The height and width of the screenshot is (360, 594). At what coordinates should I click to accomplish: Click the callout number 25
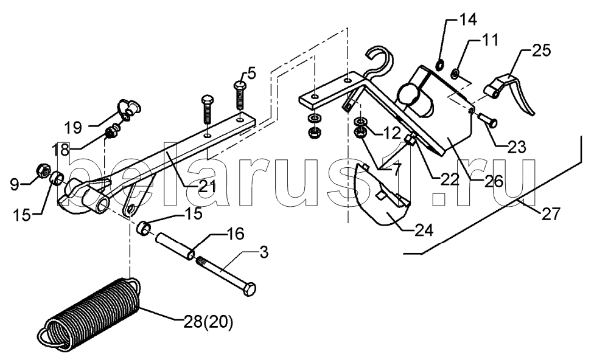point(541,50)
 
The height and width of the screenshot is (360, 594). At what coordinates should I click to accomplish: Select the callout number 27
point(550,214)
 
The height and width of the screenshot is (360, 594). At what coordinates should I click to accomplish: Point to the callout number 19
point(72,128)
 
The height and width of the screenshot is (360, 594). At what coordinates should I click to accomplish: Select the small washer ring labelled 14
point(440,66)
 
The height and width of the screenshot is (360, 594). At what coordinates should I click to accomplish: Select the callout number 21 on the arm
point(206,186)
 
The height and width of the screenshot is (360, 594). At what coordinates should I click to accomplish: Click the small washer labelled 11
point(456,72)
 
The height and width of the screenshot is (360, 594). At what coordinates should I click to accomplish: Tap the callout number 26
point(493,181)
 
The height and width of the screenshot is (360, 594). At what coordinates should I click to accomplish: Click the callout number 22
point(450,178)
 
